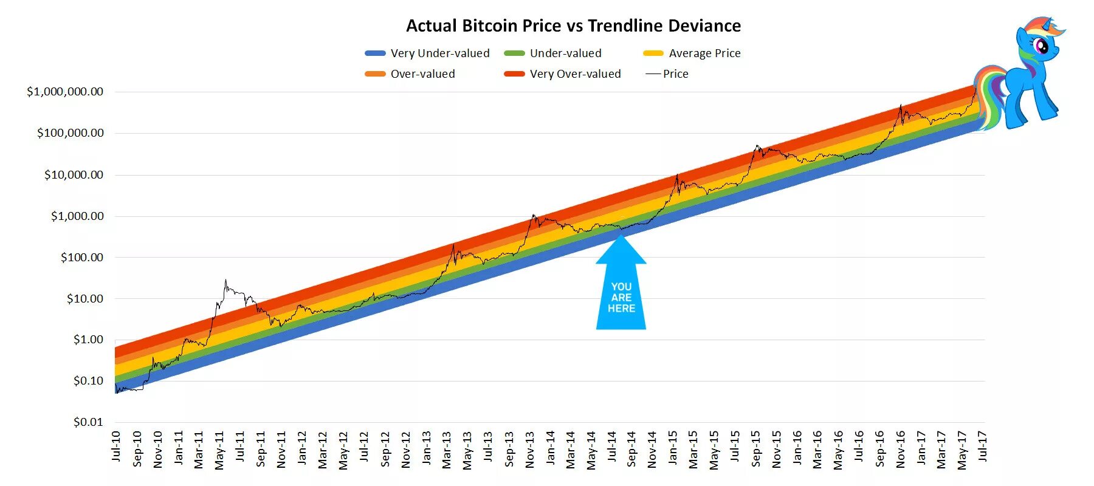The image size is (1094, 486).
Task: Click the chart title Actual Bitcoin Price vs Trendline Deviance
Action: point(573,26)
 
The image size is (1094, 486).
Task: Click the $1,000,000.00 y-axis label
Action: point(65,92)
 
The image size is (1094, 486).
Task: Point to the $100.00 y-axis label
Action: point(82,258)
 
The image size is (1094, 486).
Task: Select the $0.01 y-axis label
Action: point(88,422)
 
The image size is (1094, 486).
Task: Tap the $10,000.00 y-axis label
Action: point(74,175)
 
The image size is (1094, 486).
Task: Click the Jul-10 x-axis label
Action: point(116,447)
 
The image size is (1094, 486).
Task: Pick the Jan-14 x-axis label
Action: point(550,447)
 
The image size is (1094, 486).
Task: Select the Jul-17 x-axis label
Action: point(982,447)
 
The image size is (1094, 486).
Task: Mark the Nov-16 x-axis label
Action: point(900,450)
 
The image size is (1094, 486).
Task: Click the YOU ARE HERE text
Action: point(621,298)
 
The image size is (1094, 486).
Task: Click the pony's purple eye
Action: point(1041,46)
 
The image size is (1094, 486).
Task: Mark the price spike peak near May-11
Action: point(225,280)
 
